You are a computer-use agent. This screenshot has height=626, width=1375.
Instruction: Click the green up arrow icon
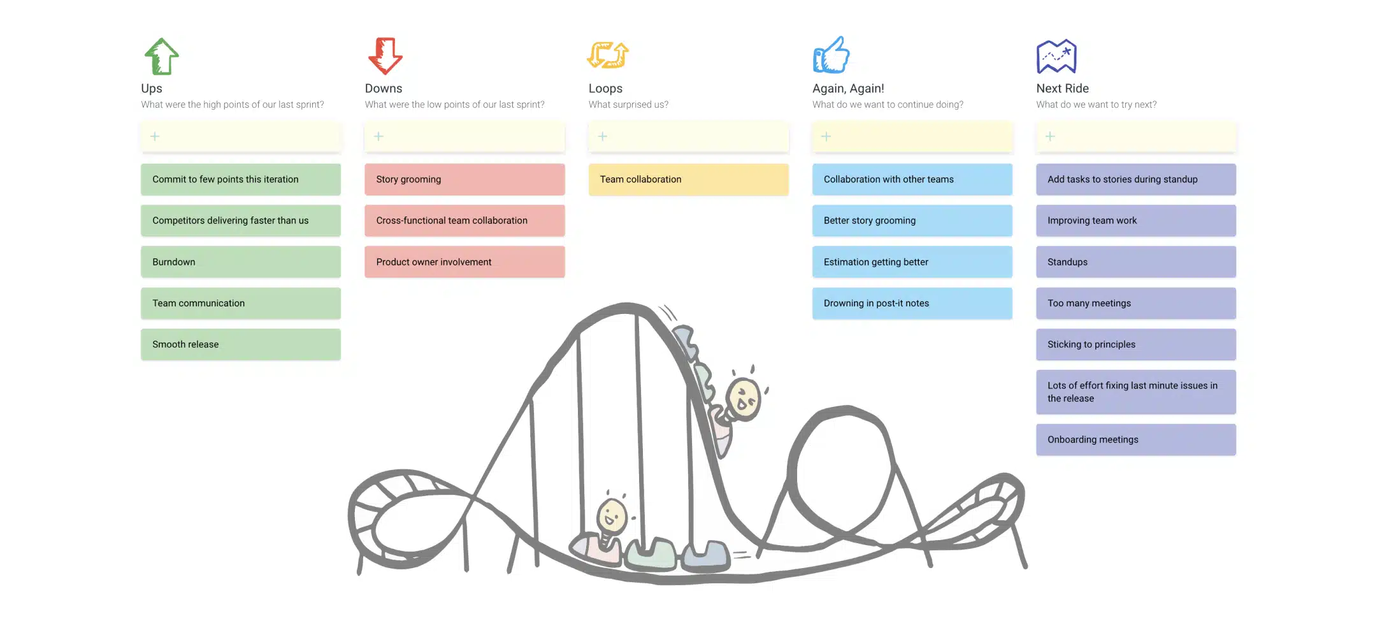click(x=161, y=56)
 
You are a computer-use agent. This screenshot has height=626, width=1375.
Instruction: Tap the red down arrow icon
click(x=385, y=56)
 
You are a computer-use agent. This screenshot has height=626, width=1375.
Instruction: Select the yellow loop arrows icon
click(x=608, y=55)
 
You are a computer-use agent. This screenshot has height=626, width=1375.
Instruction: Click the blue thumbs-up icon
click(x=831, y=55)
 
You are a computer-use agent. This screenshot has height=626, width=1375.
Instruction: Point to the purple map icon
click(x=1056, y=57)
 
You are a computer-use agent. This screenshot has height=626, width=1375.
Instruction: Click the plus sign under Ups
click(x=155, y=136)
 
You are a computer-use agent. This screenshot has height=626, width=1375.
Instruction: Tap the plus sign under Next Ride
click(x=1050, y=136)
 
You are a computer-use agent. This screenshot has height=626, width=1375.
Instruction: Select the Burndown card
click(x=240, y=262)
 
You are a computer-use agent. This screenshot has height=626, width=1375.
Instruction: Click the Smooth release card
click(x=240, y=345)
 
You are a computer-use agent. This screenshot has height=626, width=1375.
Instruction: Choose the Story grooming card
click(x=464, y=180)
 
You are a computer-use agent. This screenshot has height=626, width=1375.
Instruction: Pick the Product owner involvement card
click(x=464, y=262)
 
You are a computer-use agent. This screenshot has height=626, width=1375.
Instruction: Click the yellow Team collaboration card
click(x=688, y=180)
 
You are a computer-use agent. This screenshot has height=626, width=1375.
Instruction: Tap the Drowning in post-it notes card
click(x=912, y=303)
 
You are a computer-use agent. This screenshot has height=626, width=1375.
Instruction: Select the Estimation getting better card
click(x=912, y=262)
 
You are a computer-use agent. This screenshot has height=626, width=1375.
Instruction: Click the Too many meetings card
click(x=1135, y=303)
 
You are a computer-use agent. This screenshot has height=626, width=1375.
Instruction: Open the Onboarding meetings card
click(x=1135, y=439)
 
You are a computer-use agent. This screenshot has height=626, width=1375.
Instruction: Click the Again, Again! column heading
click(x=848, y=89)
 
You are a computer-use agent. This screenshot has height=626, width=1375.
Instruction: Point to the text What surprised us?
click(x=628, y=104)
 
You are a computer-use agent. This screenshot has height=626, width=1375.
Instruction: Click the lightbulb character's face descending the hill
click(x=744, y=399)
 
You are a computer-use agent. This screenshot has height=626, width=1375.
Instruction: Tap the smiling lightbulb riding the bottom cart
click(x=612, y=516)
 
